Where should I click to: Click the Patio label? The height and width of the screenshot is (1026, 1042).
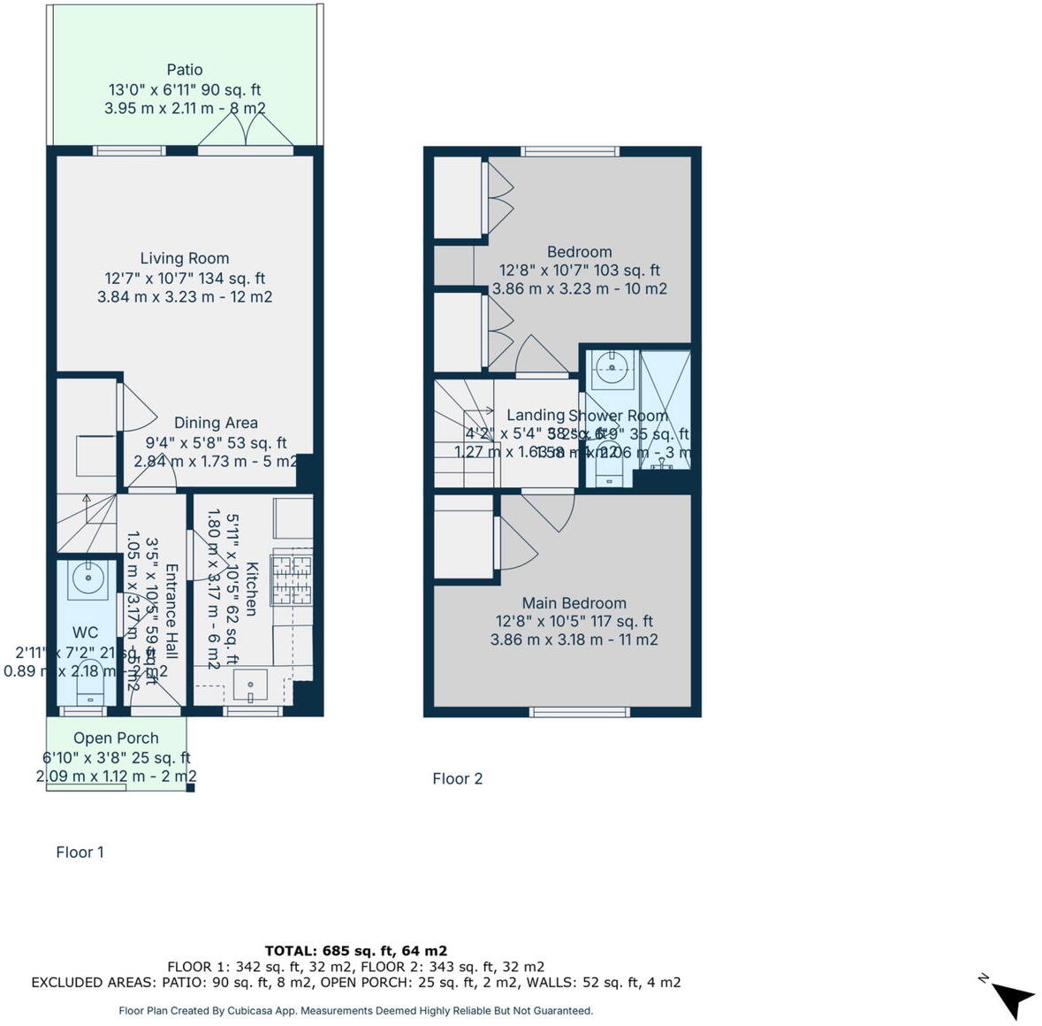pos(185,70)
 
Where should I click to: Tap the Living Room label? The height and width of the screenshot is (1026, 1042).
pos(185,258)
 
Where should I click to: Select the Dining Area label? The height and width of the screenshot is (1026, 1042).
pos(216,423)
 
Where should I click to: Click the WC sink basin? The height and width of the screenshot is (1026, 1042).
pos(87,579)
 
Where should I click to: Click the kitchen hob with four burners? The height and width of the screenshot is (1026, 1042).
pos(292,578)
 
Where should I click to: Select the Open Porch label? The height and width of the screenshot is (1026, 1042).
pos(116,738)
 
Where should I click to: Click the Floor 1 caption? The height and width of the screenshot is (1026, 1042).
pos(80,852)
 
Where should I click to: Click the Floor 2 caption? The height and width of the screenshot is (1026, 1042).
pos(457,778)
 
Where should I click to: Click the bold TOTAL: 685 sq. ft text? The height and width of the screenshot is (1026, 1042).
pos(355,951)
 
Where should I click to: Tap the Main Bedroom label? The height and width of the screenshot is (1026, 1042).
pos(574,603)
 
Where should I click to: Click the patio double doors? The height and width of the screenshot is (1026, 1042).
pos(245,134)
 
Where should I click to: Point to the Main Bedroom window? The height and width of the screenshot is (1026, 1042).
pos(580,711)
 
